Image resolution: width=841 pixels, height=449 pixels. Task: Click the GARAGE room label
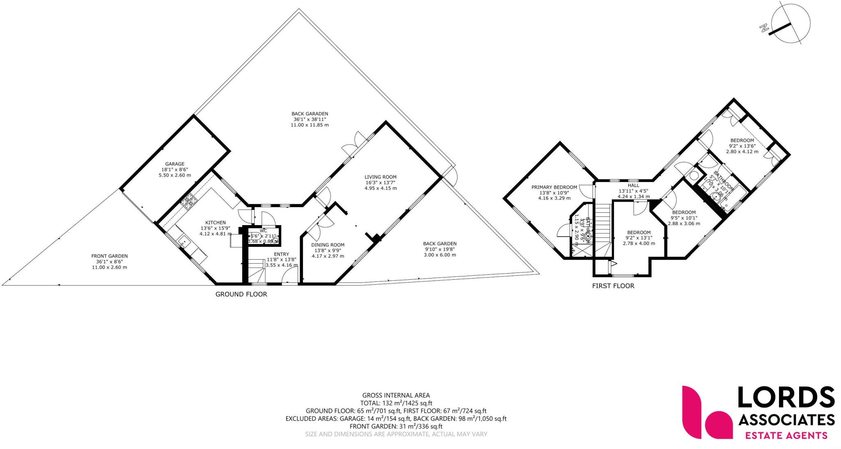click(x=175, y=164)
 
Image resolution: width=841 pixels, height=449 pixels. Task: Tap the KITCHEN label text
click(x=215, y=223)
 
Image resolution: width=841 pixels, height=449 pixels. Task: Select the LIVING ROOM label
click(x=381, y=177)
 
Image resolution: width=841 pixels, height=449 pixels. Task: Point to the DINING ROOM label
click(x=328, y=245)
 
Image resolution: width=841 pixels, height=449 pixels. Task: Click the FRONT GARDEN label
click(x=109, y=256)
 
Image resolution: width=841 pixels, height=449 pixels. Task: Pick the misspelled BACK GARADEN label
click(x=310, y=114)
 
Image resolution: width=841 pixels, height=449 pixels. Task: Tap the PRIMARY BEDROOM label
click(x=554, y=187)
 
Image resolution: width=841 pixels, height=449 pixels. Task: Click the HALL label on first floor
click(x=633, y=185)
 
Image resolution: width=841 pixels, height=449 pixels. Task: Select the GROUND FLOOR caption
click(x=241, y=294)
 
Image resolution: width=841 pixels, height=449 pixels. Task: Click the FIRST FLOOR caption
click(x=613, y=286)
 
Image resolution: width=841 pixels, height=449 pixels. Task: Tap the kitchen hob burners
click(x=188, y=202)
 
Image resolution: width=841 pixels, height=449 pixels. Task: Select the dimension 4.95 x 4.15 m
click(x=381, y=188)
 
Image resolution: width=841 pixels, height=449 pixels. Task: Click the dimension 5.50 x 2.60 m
click(x=175, y=175)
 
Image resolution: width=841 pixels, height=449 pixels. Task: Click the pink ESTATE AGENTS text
click(x=786, y=435)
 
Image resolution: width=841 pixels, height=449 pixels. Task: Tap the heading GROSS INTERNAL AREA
click(x=396, y=396)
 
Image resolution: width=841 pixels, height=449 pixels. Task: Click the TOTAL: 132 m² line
click(x=396, y=403)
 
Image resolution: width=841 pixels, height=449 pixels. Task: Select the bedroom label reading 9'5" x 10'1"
click(x=684, y=218)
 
